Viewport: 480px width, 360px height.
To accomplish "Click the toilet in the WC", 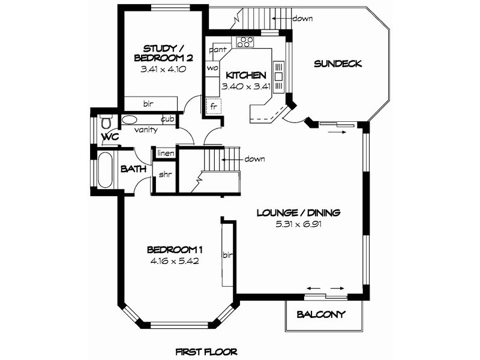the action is point(106,122).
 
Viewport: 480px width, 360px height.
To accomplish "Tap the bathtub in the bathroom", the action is point(105,170).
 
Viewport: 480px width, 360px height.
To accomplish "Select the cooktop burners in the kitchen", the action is point(245,42).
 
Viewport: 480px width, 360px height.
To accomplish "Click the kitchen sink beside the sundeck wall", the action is point(278,77).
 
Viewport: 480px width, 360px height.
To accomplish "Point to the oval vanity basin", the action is point(130,119).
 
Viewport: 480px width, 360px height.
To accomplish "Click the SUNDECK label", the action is point(338,64).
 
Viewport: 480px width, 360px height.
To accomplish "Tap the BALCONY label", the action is point(321,314).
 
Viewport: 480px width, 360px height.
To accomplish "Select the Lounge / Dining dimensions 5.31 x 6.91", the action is point(298,224).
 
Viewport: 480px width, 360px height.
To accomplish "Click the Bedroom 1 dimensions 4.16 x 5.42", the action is point(175,261).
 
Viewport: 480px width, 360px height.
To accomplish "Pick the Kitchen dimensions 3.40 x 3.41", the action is point(246,86).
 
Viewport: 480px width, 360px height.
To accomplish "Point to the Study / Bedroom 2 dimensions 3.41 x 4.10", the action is point(163,69).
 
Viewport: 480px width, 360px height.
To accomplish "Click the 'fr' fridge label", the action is point(214,107).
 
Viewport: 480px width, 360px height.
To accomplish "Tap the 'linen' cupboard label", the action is point(166,153).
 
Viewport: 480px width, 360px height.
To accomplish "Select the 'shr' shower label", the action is point(166,175).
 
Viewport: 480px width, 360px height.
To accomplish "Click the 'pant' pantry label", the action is point(218,50).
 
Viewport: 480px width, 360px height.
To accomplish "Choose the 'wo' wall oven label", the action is point(212,68).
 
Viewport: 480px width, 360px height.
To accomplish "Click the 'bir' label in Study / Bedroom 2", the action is point(148,104).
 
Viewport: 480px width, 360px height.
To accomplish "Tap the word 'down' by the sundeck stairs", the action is point(302,19).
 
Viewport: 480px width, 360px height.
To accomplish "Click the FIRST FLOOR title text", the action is point(206,352).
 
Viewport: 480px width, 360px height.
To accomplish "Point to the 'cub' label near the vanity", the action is point(167,119).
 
